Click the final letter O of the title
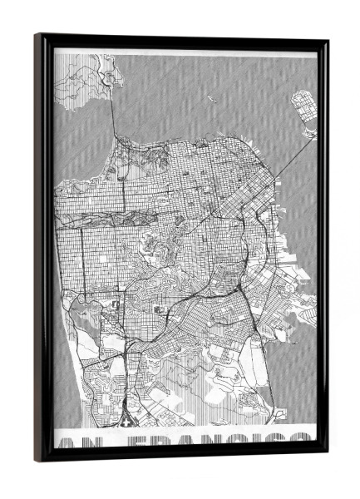coord(304,444)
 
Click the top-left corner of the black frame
coord(37,36)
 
